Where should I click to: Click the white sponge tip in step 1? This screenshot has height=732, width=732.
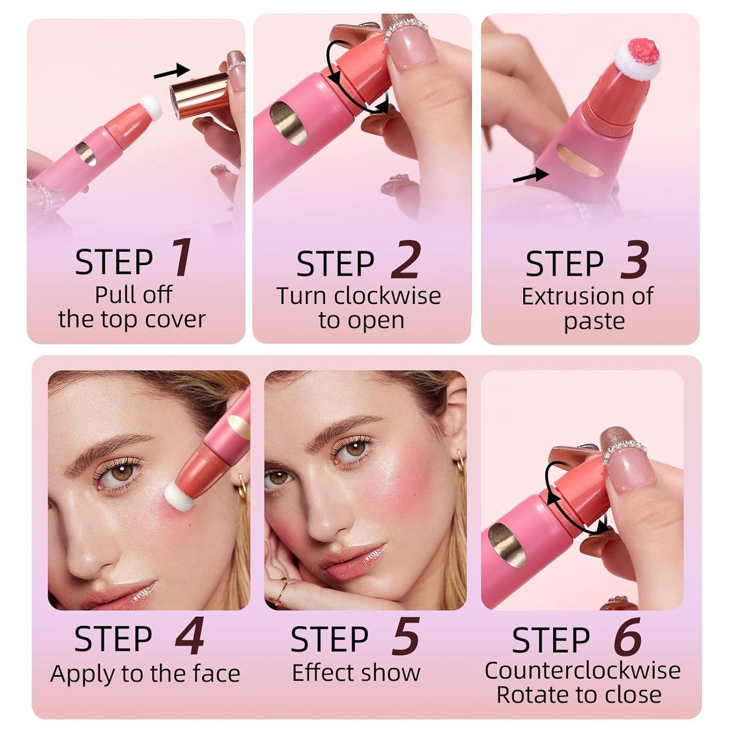[x=150, y=107]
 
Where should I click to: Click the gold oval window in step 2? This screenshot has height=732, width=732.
[x=288, y=123]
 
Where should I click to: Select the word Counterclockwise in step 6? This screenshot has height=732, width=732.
[x=582, y=671]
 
